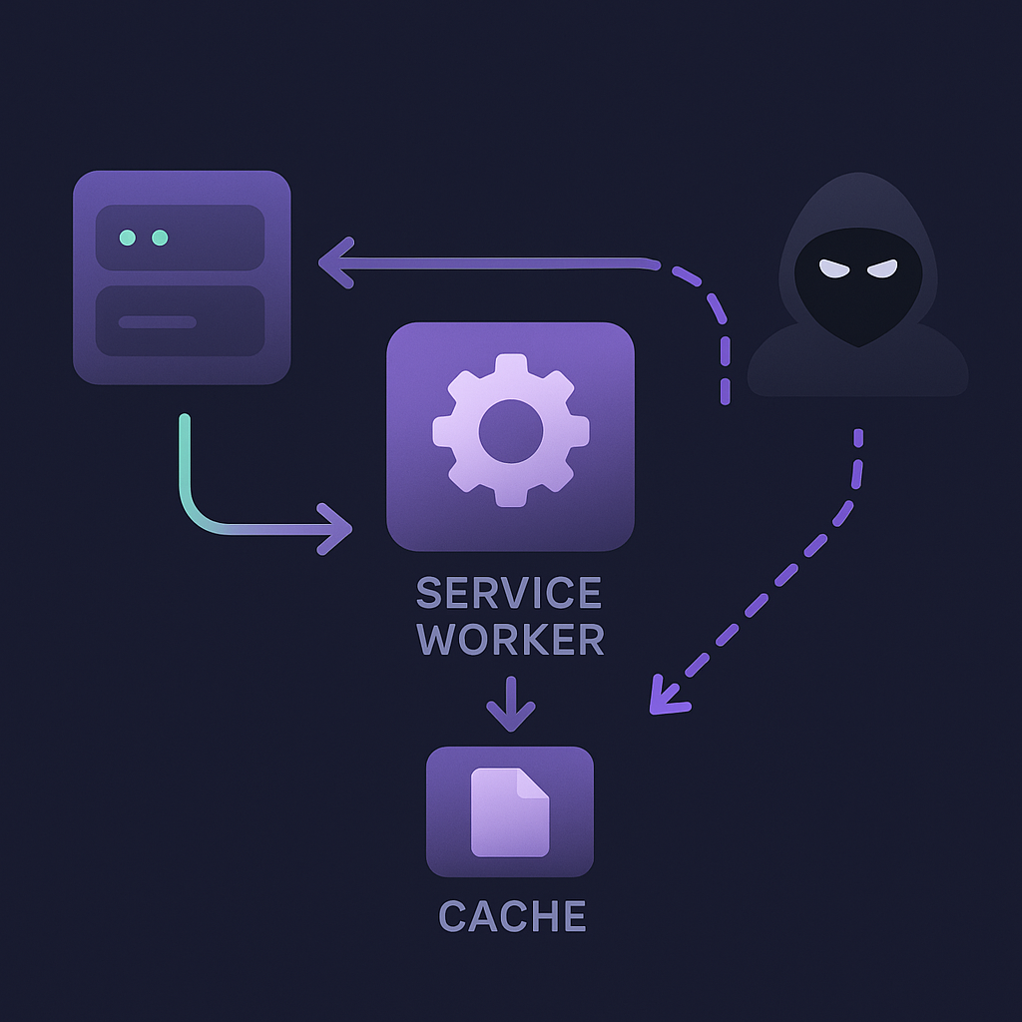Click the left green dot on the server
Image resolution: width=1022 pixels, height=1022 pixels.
click(x=128, y=238)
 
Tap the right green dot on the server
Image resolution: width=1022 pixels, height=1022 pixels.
click(x=160, y=238)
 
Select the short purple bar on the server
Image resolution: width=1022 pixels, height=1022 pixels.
click(x=157, y=321)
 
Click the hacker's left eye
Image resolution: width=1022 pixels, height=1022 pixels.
click(x=833, y=267)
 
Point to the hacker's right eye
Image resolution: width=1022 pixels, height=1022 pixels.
click(x=882, y=267)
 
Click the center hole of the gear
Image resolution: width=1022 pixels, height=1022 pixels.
click(x=510, y=431)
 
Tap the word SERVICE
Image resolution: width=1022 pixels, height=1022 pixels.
click(x=509, y=593)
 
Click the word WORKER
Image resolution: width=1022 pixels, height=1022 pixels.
click(x=510, y=640)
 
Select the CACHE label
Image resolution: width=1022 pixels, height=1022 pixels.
click(x=511, y=916)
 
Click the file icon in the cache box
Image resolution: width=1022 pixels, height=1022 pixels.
click(x=510, y=811)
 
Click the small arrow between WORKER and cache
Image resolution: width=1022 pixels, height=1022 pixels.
click(x=510, y=705)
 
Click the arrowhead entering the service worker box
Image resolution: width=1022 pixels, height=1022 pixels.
click(x=337, y=529)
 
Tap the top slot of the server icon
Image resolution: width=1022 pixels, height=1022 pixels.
click(x=180, y=238)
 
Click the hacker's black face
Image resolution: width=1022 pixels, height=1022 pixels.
click(x=858, y=294)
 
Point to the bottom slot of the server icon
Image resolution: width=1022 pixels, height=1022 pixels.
click(x=180, y=321)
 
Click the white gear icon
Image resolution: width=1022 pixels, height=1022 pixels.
click(x=510, y=431)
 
